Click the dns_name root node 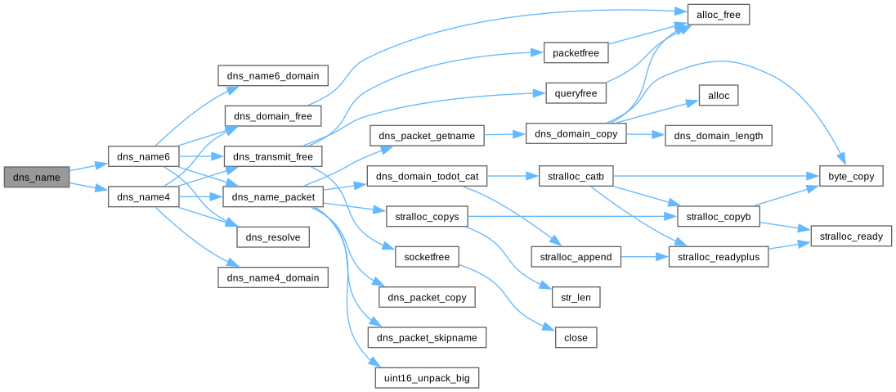tap(36, 177)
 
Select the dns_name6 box tap(143, 156)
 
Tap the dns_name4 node tap(143, 196)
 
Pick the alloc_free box tap(718, 14)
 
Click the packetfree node tap(576, 53)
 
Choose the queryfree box tap(576, 93)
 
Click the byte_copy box tap(851, 176)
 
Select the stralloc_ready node tap(846, 237)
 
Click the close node tap(576, 337)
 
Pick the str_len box tap(576, 297)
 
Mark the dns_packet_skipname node tap(428, 337)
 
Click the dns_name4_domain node tap(273, 277)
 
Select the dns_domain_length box tap(718, 136)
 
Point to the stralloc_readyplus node tap(719, 257)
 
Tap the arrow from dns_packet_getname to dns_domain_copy tap(505, 133)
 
